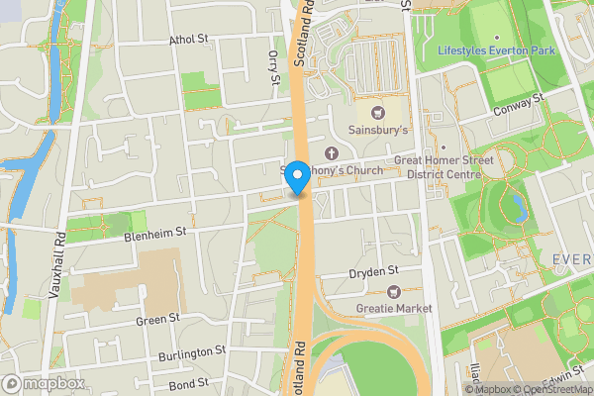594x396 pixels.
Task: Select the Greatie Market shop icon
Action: tap(394, 291)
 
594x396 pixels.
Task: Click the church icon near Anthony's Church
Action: tap(331, 153)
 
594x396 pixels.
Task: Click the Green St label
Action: tap(158, 319)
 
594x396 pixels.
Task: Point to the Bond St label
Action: tap(188, 382)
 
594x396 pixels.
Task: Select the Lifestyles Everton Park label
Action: tap(497, 49)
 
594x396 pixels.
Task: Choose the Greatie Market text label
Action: tap(395, 309)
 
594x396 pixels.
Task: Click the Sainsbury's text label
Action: tap(378, 131)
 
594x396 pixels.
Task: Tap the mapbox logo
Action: tap(44, 383)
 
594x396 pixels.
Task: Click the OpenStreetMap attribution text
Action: tap(553, 389)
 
